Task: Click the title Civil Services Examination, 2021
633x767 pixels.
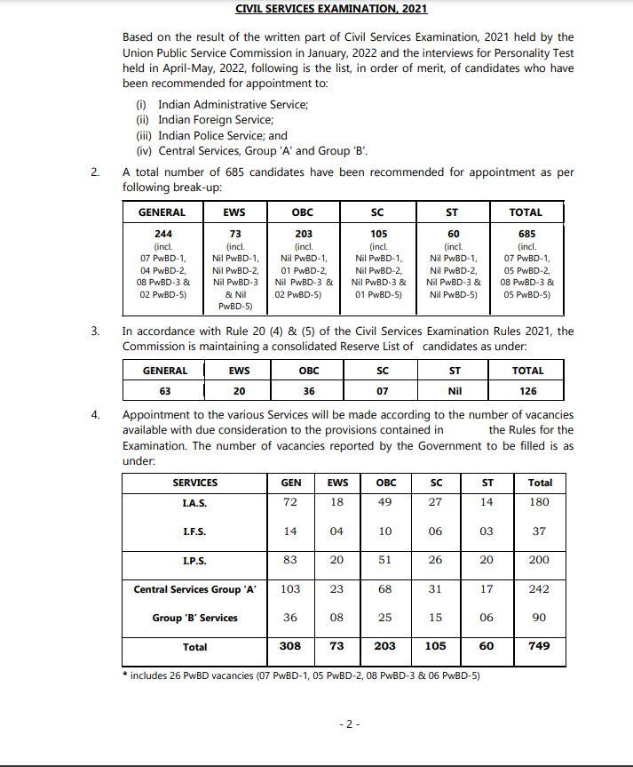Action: (x=331, y=9)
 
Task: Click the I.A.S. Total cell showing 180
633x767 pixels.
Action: (x=539, y=502)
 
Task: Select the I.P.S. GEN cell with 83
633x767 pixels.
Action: (x=290, y=560)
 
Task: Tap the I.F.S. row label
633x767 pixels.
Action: (x=194, y=531)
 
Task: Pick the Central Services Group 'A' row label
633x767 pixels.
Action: (x=194, y=589)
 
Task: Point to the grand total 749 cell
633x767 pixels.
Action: (x=539, y=646)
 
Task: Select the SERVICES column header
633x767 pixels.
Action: (x=194, y=483)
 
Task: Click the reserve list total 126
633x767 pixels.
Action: (x=527, y=391)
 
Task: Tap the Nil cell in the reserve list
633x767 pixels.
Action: (x=455, y=391)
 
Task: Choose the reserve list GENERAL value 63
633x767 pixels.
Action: (x=164, y=391)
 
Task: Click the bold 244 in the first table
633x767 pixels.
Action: (x=162, y=234)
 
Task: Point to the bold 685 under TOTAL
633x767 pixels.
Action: (x=526, y=234)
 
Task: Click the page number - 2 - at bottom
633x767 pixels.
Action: (x=350, y=724)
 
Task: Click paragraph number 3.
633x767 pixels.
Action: (x=95, y=331)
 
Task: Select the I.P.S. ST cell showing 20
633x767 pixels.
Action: (x=487, y=560)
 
